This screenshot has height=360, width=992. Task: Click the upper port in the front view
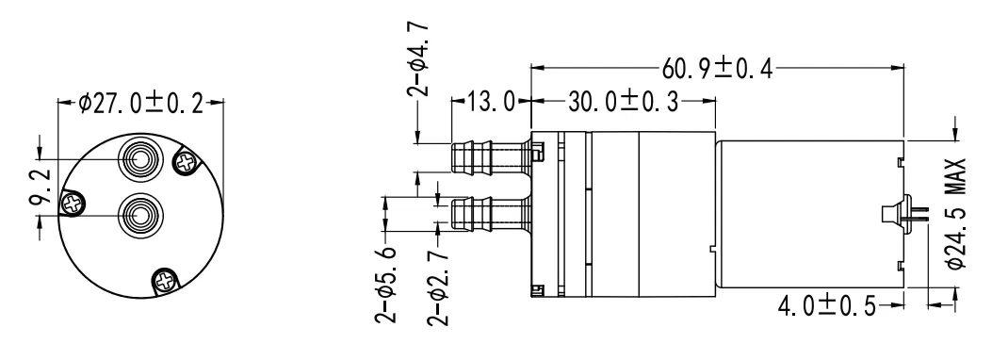[139, 161]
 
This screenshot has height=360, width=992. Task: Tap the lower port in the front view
[139, 212]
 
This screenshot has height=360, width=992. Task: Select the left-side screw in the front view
[72, 202]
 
